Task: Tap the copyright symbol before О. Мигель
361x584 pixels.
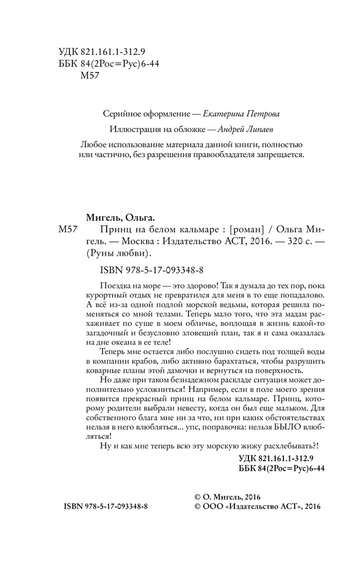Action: point(198,496)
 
